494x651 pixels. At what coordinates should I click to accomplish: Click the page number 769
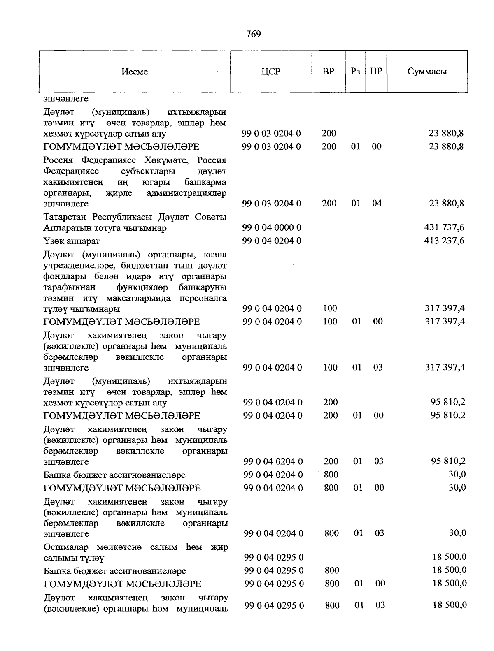(253, 34)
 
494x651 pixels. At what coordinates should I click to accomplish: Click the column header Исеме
(135, 72)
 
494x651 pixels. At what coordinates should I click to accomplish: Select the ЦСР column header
(270, 72)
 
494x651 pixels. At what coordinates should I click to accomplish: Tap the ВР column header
(329, 72)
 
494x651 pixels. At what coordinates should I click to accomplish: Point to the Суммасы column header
(427, 72)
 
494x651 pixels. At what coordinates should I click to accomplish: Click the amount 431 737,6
(444, 227)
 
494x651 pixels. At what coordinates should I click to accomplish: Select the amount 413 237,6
(444, 241)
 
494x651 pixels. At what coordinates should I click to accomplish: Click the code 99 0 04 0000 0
(272, 227)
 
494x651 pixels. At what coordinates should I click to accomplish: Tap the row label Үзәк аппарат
(72, 241)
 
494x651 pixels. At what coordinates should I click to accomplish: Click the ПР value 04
(377, 203)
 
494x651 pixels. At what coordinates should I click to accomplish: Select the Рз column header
(355, 72)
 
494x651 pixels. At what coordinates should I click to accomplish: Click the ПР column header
(376, 72)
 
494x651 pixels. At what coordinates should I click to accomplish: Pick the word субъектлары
(148, 171)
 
